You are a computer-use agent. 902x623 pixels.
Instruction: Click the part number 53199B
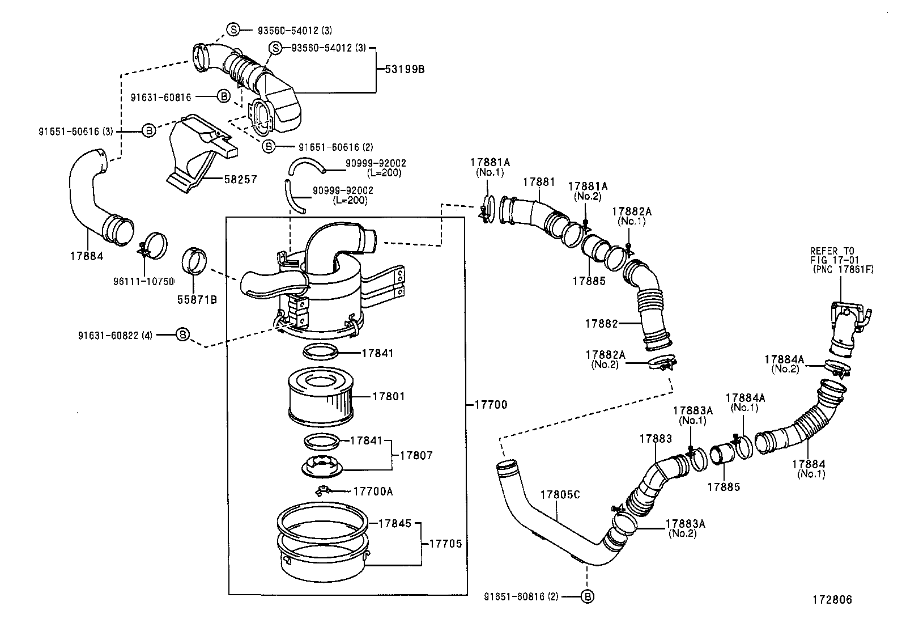pos(405,70)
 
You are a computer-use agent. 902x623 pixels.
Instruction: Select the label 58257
pos(240,179)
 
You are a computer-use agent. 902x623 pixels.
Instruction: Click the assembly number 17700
pos(491,405)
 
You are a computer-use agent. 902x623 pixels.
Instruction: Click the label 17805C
pos(560,495)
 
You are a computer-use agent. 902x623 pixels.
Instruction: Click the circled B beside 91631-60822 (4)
pos(182,335)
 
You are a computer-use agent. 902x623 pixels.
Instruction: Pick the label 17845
pos(395,523)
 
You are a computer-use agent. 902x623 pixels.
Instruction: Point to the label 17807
pos(416,455)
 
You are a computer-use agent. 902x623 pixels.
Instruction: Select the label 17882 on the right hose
pos(601,324)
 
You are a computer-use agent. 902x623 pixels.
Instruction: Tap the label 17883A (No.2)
pos(685,528)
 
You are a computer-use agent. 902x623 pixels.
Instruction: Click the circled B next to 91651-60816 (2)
pos(588,596)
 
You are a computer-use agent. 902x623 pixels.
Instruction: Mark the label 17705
pos(445,544)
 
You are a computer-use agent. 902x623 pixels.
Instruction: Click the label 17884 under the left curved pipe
pos(87,256)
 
